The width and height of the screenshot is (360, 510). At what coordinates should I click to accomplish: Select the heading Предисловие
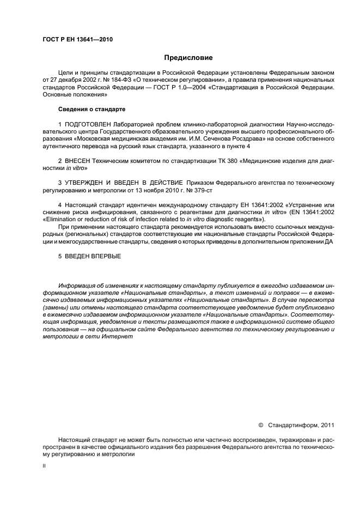pos(188,58)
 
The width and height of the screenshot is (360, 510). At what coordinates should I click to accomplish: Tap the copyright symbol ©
pos(260,423)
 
